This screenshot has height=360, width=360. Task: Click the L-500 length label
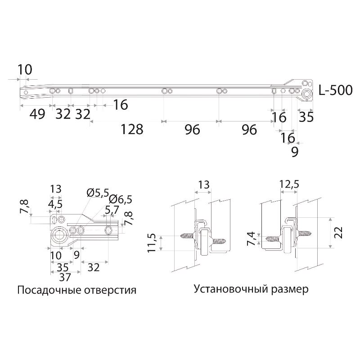pos(335,90)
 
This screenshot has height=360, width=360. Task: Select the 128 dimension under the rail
pos(132,130)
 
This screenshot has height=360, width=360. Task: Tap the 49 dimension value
pos(37,114)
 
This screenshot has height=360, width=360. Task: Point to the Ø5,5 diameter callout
pos(97,193)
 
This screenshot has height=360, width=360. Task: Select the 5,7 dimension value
pos(112,210)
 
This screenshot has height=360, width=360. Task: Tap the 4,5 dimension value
pos(55,203)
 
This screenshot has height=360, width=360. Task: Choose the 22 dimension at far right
pos(340,232)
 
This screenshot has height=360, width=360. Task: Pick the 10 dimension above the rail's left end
pos(25,70)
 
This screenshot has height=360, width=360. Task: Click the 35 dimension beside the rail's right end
pos(306,117)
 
